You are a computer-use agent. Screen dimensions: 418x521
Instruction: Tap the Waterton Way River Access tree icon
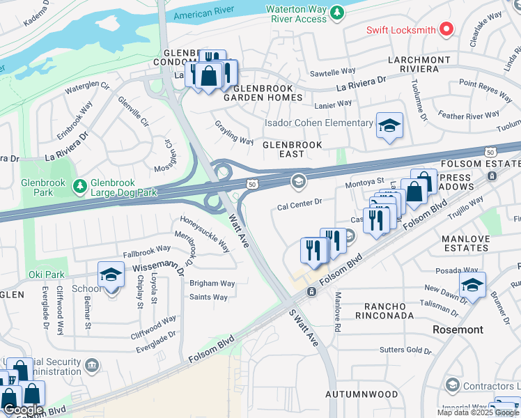point(337,13)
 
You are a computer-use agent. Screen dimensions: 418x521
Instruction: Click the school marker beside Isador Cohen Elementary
point(389,126)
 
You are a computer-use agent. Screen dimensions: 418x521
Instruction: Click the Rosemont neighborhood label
point(458,329)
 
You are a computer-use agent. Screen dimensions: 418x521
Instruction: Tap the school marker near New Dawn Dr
point(472,285)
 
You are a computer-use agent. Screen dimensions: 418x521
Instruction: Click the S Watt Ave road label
point(304,330)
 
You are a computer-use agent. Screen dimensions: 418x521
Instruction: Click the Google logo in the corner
point(22,410)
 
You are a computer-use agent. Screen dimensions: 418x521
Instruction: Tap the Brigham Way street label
point(212,284)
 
